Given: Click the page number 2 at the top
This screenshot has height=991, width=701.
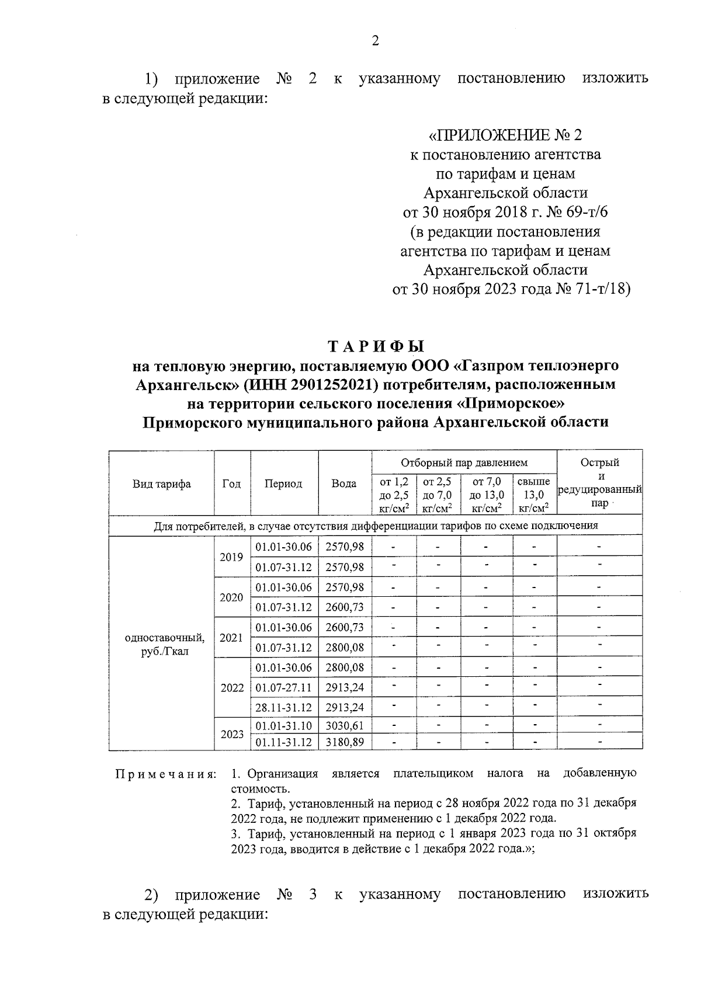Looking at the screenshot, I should (375, 41).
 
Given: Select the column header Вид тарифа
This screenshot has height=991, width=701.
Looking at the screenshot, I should (161, 484).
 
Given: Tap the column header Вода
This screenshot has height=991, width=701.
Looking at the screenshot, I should (344, 484).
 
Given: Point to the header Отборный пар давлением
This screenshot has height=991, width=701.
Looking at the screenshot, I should (464, 463).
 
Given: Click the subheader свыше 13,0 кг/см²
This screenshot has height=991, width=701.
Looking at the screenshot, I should (534, 495).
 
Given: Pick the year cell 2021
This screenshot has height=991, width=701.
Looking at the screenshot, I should (231, 638).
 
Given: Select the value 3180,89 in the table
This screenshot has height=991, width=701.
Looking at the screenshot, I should (344, 742).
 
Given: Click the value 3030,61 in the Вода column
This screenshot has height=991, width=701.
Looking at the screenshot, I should (344, 725).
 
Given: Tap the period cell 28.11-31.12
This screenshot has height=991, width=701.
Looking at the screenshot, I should (284, 707).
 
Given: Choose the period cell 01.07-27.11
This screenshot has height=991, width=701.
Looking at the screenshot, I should (284, 687).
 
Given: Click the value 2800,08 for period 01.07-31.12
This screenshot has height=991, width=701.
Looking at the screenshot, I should (344, 648).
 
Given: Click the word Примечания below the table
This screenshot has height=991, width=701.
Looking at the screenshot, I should (166, 774).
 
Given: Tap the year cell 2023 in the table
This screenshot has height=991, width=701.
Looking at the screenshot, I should (231, 733).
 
